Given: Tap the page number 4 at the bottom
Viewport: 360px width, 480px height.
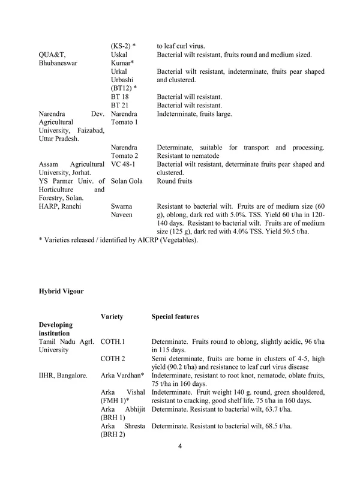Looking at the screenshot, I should point(180,463).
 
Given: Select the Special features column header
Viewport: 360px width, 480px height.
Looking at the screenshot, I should point(175,316).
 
